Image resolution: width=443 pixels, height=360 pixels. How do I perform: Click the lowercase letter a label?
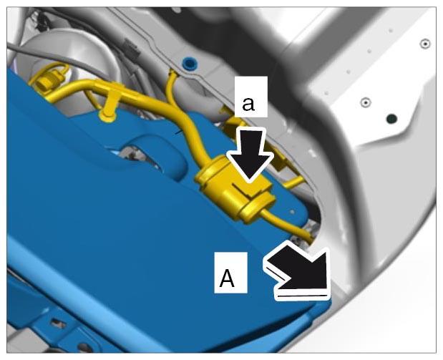pyautogui.click(x=248, y=104)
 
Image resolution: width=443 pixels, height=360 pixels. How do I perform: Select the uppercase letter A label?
pyautogui.click(x=227, y=278)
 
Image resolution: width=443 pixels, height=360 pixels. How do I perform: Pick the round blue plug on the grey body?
pyautogui.click(x=189, y=63)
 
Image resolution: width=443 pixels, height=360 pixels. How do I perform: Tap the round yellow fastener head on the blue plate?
pyautogui.click(x=107, y=116)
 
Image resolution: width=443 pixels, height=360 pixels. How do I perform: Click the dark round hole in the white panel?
pyautogui.click(x=391, y=119)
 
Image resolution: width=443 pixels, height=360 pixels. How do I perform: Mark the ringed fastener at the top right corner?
pyautogui.click(x=425, y=44)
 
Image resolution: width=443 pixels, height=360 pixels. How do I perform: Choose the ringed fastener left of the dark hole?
pyautogui.click(x=365, y=102)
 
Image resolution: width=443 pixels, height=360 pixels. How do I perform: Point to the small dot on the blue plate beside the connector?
pyautogui.click(x=293, y=211)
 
